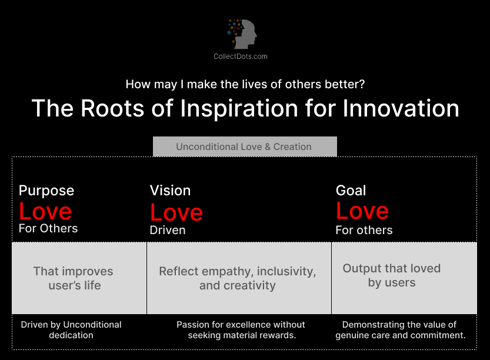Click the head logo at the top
click(243, 34)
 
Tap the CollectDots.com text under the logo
click(240, 56)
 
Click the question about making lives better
click(245, 84)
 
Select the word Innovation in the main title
click(393, 108)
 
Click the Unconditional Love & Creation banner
click(244, 146)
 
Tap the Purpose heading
click(46, 191)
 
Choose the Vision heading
click(170, 191)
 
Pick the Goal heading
click(351, 191)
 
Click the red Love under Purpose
click(45, 211)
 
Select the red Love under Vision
click(176, 212)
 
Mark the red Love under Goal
click(362, 211)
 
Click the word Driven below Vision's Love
click(168, 230)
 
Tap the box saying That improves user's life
click(73, 278)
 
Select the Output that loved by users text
click(392, 275)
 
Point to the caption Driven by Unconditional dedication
click(71, 330)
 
